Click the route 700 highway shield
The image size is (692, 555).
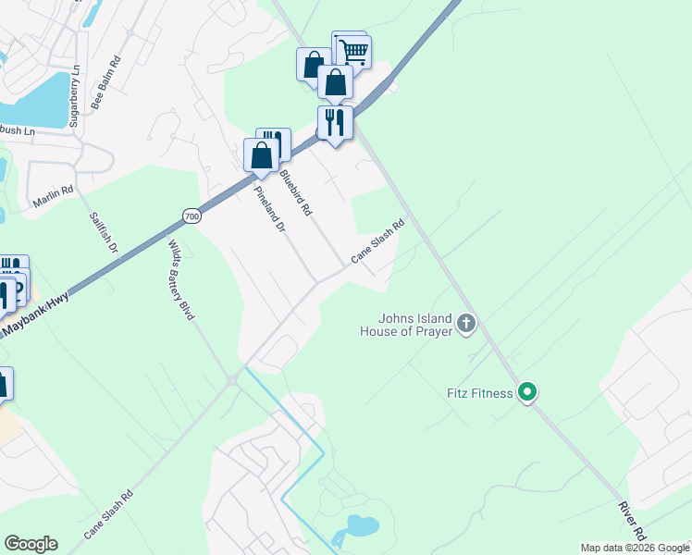192,216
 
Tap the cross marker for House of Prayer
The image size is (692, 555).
466,324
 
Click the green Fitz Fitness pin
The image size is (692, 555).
527,393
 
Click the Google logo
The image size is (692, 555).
31,544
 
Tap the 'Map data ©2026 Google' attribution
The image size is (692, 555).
635,548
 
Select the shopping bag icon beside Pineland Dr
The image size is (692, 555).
261,154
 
